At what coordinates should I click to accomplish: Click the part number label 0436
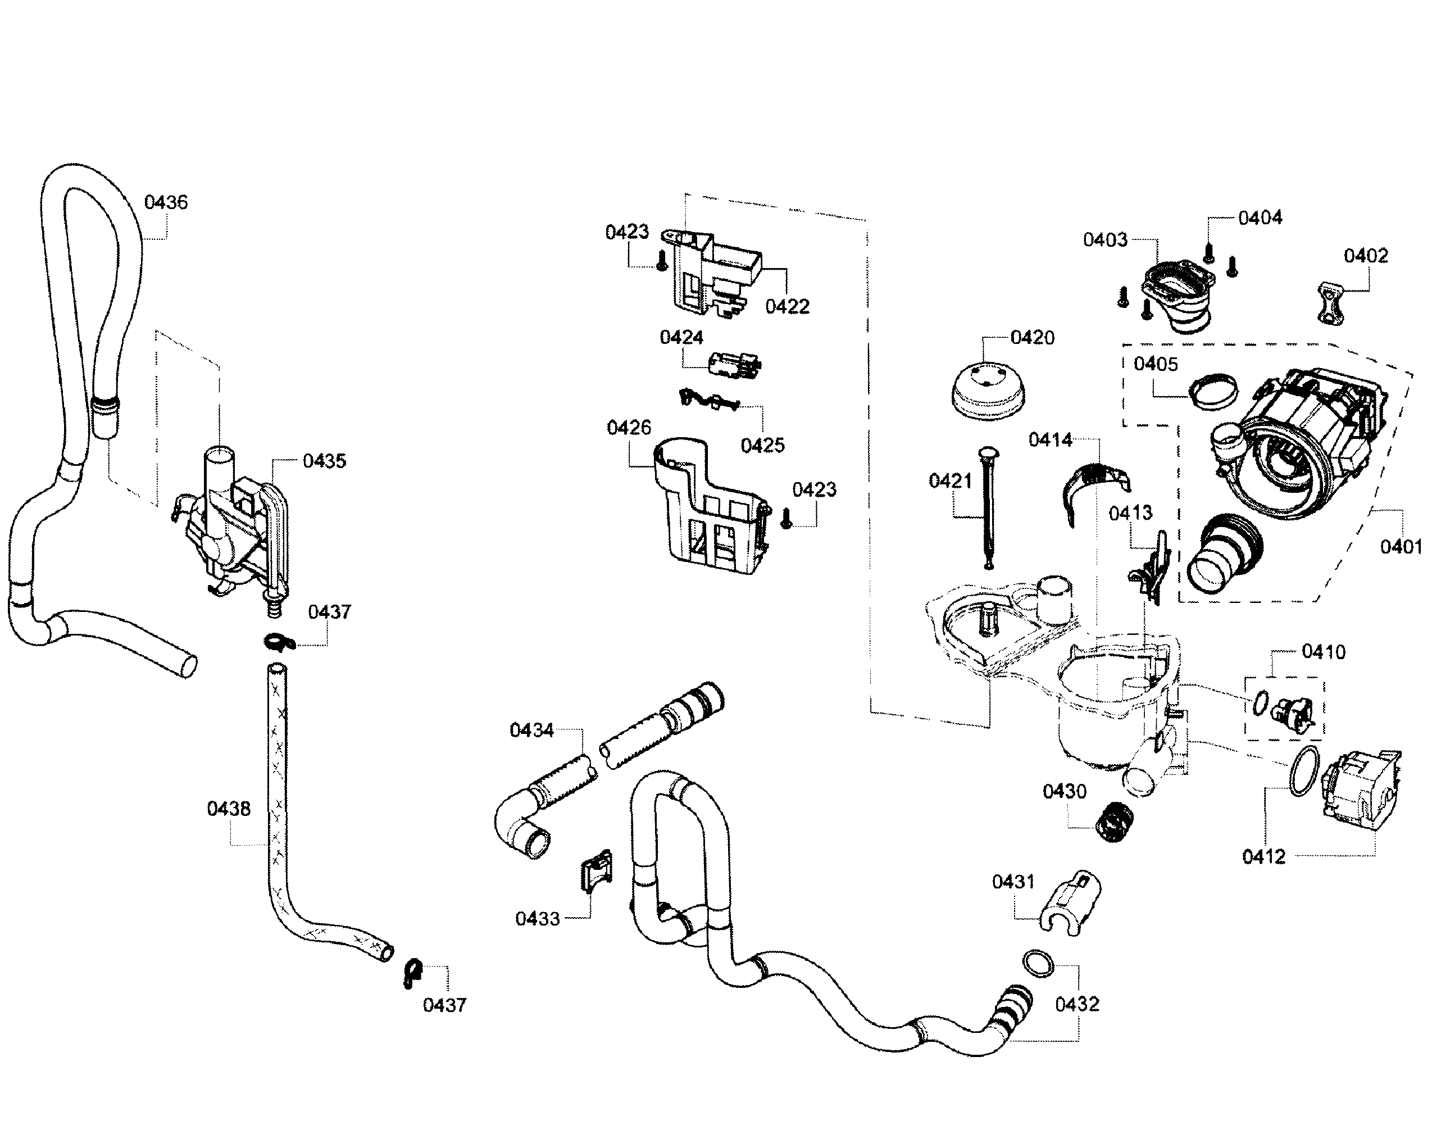click(x=166, y=202)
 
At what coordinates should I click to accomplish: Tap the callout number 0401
click(x=1399, y=547)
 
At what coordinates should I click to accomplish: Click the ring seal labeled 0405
click(x=1213, y=392)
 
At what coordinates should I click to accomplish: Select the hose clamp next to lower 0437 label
click(x=412, y=973)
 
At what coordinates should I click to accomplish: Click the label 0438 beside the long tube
click(x=229, y=809)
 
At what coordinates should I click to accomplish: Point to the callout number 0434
click(x=531, y=731)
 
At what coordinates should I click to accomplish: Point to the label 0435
click(x=324, y=461)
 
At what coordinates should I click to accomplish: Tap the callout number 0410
click(x=1323, y=652)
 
